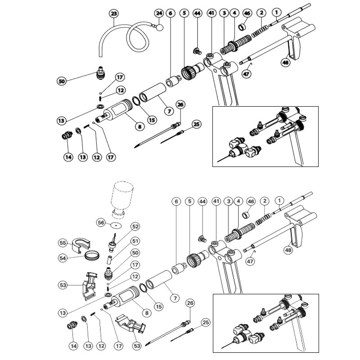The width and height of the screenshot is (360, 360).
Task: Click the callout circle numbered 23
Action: point(114,14)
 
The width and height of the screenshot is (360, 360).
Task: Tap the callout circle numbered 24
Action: point(159,13)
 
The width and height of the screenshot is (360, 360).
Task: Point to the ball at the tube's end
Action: point(159,27)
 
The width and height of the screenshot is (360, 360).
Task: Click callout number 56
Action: point(101,222)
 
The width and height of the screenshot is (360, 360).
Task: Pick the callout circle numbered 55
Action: point(63,243)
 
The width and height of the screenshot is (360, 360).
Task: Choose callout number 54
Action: point(63,258)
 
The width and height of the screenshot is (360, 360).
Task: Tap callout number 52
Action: point(135,227)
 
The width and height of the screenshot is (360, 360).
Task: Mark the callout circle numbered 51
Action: point(135,241)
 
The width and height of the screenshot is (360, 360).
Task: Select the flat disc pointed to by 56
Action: point(116,226)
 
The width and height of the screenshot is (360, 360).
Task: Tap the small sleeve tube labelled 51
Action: point(109,260)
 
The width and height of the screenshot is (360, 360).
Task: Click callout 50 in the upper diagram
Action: point(62,81)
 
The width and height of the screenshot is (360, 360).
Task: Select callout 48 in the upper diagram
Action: point(286,62)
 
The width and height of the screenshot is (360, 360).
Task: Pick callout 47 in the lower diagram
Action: point(250,261)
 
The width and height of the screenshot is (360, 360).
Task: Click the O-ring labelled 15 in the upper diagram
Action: point(136,101)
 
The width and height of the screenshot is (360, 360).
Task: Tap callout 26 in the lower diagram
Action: point(190,303)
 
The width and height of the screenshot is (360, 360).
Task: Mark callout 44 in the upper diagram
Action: point(197,13)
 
